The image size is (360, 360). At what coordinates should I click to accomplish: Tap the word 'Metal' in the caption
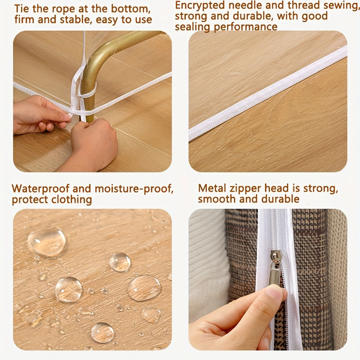[211, 188]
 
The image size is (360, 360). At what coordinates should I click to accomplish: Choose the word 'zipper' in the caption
[243, 189]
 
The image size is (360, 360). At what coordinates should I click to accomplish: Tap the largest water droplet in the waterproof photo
[47, 241]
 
